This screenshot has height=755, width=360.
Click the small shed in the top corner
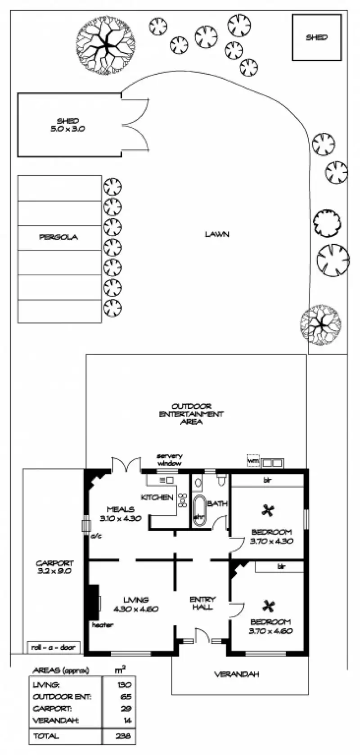click(x=316, y=37)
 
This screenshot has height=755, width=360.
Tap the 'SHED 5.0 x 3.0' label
click(x=68, y=125)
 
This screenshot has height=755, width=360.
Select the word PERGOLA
click(x=58, y=237)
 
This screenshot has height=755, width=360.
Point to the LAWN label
click(x=217, y=234)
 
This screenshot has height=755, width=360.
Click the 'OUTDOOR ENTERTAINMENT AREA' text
click(x=191, y=413)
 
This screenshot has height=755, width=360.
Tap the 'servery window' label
click(x=169, y=459)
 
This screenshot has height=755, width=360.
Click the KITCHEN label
click(x=157, y=498)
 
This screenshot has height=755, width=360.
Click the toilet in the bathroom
click(x=221, y=481)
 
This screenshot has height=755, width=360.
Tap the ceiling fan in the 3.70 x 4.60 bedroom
click(x=269, y=606)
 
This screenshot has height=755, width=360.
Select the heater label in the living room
click(x=103, y=625)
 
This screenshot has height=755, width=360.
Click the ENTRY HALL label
click(x=202, y=603)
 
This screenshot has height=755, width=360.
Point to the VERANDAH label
click(x=236, y=674)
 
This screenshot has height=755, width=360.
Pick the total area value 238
click(x=123, y=737)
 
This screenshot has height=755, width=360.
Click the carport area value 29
click(x=126, y=709)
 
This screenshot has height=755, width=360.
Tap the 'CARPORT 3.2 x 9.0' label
click(x=54, y=567)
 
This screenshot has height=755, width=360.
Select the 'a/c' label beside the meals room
click(x=96, y=536)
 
